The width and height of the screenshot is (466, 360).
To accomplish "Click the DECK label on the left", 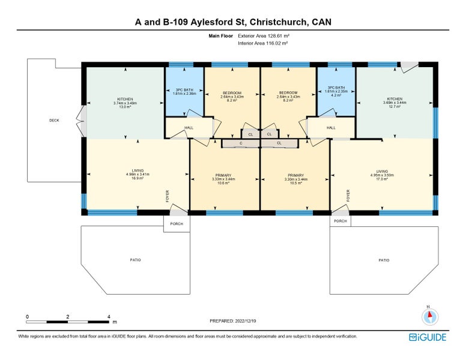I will (54, 121).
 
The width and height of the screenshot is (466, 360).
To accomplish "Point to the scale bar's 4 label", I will (109, 316).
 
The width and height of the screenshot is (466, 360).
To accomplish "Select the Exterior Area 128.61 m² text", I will (263, 36).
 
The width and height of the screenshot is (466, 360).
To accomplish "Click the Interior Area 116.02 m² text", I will (263, 43).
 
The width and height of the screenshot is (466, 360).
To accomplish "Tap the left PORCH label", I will (177, 223).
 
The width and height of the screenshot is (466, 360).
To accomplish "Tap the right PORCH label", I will (340, 221).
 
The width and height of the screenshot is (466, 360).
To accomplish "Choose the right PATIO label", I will (384, 260).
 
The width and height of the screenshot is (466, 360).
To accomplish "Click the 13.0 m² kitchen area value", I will (125, 107).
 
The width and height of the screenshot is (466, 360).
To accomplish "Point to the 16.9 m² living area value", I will (138, 178).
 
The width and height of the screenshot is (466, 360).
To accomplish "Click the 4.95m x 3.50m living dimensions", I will (383, 175).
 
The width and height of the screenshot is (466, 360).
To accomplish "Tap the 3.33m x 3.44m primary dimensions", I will (223, 179).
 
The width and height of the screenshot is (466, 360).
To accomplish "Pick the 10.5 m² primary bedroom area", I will (295, 182).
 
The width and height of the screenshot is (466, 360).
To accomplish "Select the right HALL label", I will (330, 127).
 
